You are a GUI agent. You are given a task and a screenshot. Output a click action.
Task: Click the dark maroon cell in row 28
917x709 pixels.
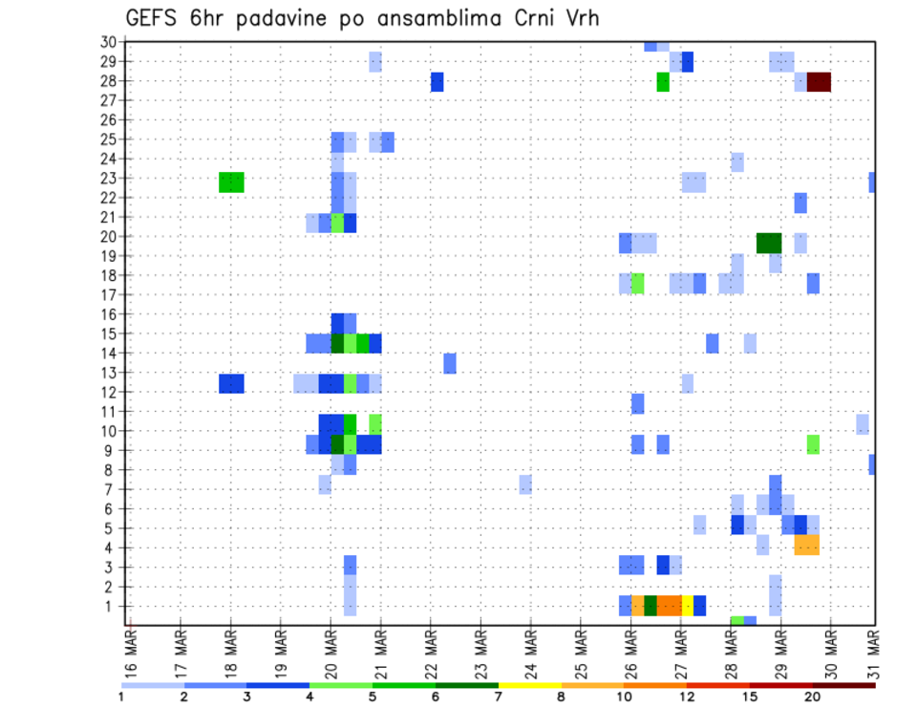(x=819, y=82)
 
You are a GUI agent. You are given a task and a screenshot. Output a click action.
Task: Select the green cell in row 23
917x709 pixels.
(x=231, y=182)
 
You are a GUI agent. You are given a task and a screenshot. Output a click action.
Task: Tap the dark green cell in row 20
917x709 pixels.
(x=769, y=244)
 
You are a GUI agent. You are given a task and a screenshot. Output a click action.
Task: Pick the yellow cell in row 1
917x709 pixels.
(x=687, y=606)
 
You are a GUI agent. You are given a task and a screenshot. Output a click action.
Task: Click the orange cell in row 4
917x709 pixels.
(x=806, y=545)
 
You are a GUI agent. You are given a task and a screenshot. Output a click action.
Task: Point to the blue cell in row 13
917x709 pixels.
(x=450, y=363)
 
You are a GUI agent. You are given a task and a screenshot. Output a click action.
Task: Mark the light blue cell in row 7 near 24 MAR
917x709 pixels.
(x=525, y=484)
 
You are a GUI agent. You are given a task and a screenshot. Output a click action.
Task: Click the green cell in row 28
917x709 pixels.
(x=663, y=82)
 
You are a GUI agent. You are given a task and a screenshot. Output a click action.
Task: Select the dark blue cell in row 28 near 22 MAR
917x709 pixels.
(x=437, y=82)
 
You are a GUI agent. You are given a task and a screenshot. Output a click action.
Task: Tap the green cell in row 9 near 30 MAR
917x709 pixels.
(x=813, y=444)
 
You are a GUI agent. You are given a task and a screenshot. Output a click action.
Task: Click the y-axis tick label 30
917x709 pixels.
(x=108, y=41)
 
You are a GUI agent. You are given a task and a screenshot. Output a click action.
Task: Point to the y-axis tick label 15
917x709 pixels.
(x=108, y=333)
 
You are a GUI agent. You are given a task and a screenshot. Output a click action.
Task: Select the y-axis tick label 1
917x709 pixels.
(x=112, y=606)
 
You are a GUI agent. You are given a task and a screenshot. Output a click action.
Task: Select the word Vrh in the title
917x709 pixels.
(x=580, y=18)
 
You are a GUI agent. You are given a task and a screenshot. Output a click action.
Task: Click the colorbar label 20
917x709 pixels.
(x=812, y=698)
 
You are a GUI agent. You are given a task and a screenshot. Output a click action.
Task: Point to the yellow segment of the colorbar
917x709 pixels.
(x=530, y=685)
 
